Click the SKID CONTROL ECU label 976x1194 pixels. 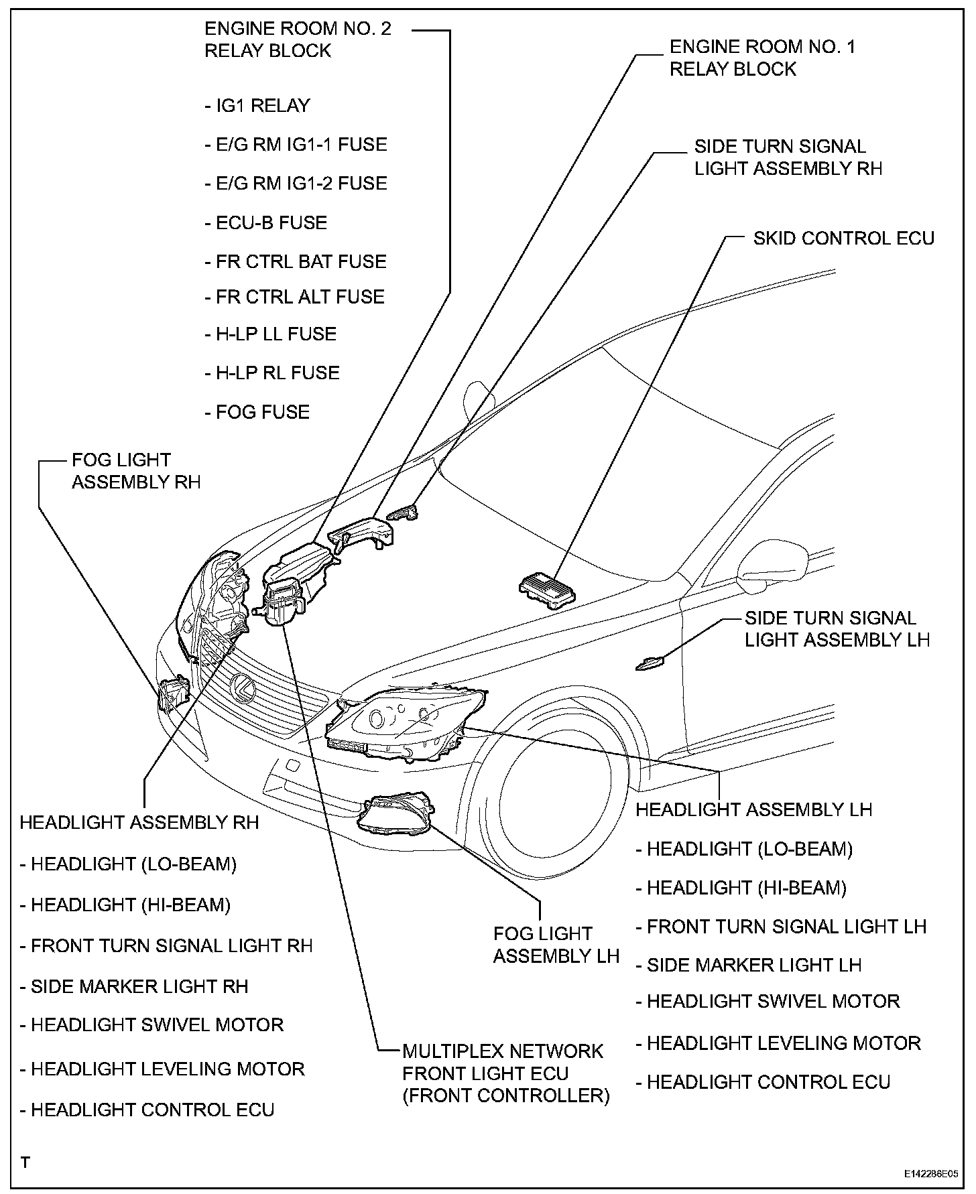(x=843, y=239)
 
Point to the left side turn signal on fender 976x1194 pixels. (x=650, y=664)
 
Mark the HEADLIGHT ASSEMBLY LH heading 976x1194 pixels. (x=753, y=809)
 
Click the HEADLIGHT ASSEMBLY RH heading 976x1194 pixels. (x=139, y=822)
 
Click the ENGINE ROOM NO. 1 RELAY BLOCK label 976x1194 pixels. (x=762, y=58)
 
